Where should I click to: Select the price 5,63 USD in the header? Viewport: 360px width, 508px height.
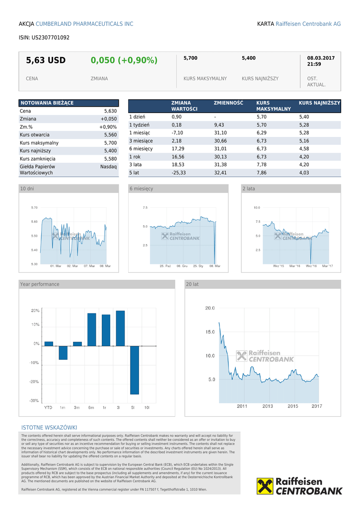(x=46, y=61)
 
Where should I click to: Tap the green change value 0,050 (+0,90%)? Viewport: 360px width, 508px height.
(x=124, y=61)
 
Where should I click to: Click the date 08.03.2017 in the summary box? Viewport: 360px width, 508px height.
(x=321, y=58)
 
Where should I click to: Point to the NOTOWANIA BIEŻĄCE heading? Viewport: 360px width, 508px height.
(x=47, y=103)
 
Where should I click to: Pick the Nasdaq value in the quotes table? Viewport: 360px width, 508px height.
(x=108, y=167)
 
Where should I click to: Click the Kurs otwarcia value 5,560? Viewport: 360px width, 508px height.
(x=110, y=135)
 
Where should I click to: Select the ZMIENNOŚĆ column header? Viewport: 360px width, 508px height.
(x=228, y=103)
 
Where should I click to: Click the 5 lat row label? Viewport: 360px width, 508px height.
(x=134, y=173)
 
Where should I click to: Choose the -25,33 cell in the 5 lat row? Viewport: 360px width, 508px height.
(x=179, y=173)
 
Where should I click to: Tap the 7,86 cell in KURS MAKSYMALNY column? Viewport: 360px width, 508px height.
(x=262, y=173)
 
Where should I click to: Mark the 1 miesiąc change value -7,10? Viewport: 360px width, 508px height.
(x=177, y=133)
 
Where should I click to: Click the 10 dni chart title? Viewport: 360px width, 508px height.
(x=27, y=189)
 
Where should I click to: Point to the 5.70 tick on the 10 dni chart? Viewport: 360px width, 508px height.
(x=34, y=207)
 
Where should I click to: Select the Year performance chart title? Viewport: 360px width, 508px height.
(x=39, y=284)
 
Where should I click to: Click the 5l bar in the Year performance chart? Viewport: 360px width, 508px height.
(x=135, y=370)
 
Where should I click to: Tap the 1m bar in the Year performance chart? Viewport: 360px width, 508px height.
(x=63, y=352)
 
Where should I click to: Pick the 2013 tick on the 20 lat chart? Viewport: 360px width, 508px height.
(x=268, y=406)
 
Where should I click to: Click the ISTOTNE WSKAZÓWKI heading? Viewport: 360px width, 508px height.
(x=49, y=428)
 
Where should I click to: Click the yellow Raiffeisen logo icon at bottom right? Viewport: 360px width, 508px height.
(x=265, y=486)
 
